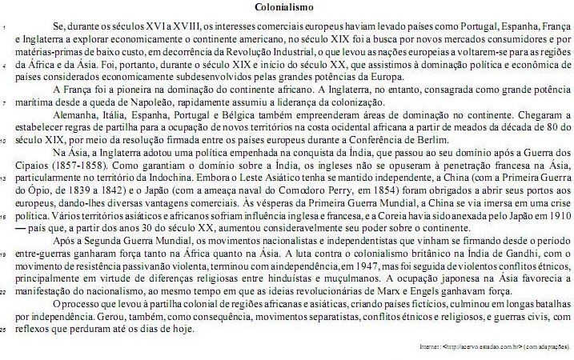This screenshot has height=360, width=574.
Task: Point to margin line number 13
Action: (x=5, y=179)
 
